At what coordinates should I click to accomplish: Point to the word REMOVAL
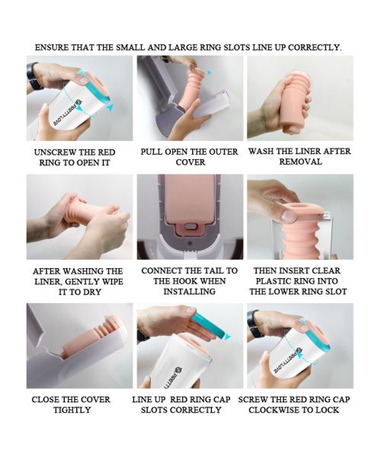click(300, 161)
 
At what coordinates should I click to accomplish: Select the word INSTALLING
click(190, 292)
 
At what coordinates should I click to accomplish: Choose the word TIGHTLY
click(72, 410)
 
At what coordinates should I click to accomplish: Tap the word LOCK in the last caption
click(328, 410)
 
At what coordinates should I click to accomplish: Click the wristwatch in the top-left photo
click(34, 75)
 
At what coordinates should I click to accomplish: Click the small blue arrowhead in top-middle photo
click(210, 72)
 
